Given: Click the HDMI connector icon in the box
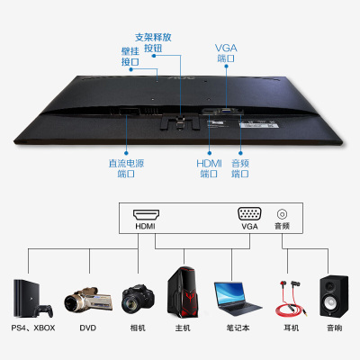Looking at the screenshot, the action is pyautogui.click(x=146, y=214).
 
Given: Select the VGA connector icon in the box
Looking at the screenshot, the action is pyautogui.click(x=249, y=214).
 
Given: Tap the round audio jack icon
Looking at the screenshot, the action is pyautogui.click(x=282, y=214).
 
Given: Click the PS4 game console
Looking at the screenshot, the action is pyautogui.click(x=25, y=298).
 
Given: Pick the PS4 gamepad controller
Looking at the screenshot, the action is pyautogui.click(x=44, y=310).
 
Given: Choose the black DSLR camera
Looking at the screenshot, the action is pyautogui.click(x=138, y=299).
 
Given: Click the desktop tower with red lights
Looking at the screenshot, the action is pyautogui.click(x=183, y=292).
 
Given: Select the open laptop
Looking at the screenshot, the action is pyautogui.click(x=237, y=299).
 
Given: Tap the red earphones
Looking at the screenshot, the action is pyautogui.click(x=290, y=298).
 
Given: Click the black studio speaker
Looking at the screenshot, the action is pyautogui.click(x=334, y=296).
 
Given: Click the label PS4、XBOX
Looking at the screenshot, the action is pyautogui.click(x=33, y=328).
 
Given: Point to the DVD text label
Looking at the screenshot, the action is pyautogui.click(x=88, y=328).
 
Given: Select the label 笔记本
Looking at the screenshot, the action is pyautogui.click(x=238, y=328).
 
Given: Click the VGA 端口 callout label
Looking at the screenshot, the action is pyautogui.click(x=226, y=53).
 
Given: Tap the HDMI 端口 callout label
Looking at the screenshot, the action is pyautogui.click(x=209, y=168).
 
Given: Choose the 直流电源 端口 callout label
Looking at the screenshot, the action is pyautogui.click(x=126, y=168).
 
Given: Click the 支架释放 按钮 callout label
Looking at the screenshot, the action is pyautogui.click(x=153, y=42).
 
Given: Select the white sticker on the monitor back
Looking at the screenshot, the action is pyautogui.click(x=259, y=124).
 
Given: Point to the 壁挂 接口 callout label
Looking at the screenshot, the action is pyautogui.click(x=130, y=57).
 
